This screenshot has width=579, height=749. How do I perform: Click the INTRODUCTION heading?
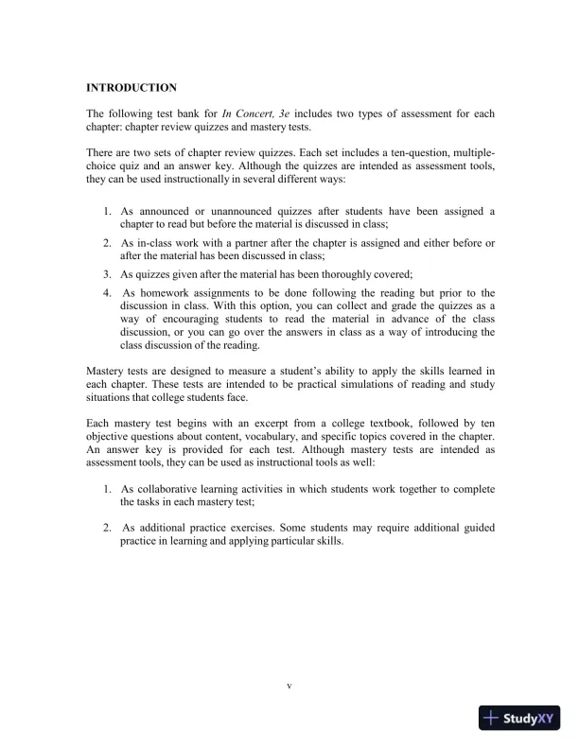pyautogui.click(x=131, y=88)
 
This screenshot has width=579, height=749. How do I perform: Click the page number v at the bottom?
pyautogui.click(x=289, y=684)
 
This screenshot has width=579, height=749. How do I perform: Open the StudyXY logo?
pyautogui.click(x=520, y=718)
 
